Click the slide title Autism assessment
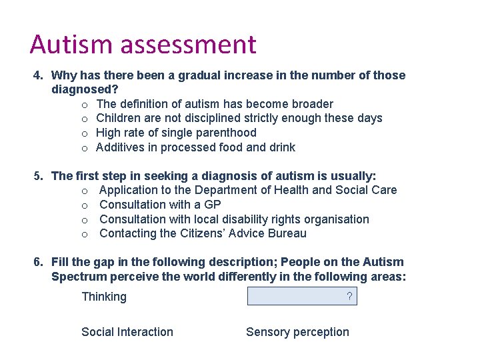(143, 45)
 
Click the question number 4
(39, 75)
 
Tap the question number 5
(39, 176)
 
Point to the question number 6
(39, 262)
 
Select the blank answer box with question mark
(302, 296)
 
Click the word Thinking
(103, 297)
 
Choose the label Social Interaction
(127, 332)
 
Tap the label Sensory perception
(297, 332)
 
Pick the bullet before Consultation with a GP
(85, 205)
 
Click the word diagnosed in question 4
(81, 89)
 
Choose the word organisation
(337, 219)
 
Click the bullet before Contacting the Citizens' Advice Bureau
(85, 234)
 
